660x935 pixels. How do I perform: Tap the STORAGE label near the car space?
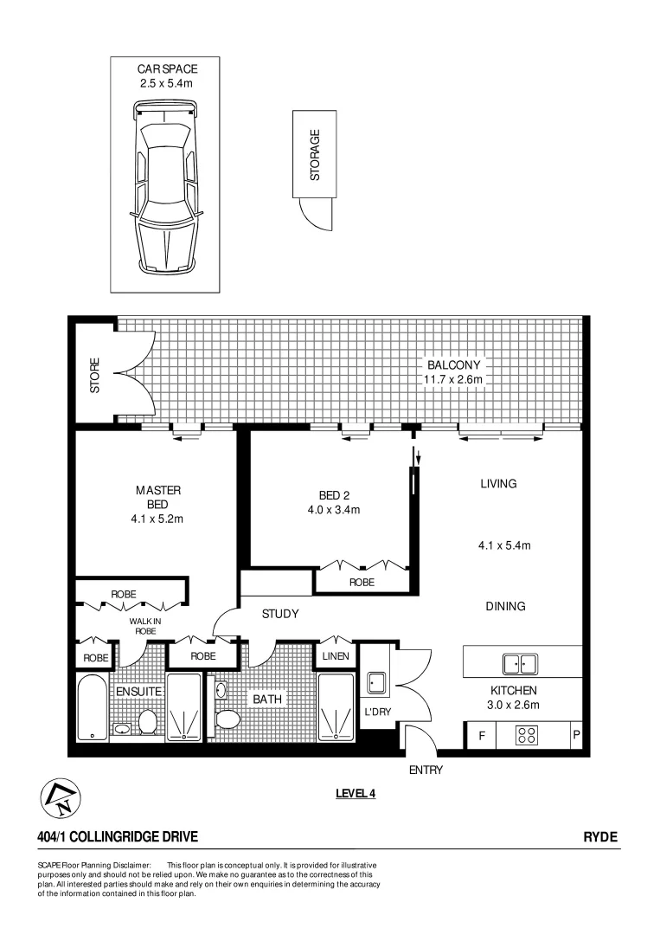[315, 155]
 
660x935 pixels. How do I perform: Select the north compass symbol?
[57, 796]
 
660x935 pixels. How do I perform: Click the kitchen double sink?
[520, 664]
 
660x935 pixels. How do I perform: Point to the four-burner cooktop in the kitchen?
[526, 736]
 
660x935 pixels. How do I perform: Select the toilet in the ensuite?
[146, 721]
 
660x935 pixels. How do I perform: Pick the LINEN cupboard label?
[335, 656]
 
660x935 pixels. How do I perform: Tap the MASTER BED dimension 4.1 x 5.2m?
[157, 519]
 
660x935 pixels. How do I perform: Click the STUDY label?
[280, 614]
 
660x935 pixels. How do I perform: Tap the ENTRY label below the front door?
[426, 770]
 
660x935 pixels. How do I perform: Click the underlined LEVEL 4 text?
[355, 792]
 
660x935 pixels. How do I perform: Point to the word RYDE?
[600, 836]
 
